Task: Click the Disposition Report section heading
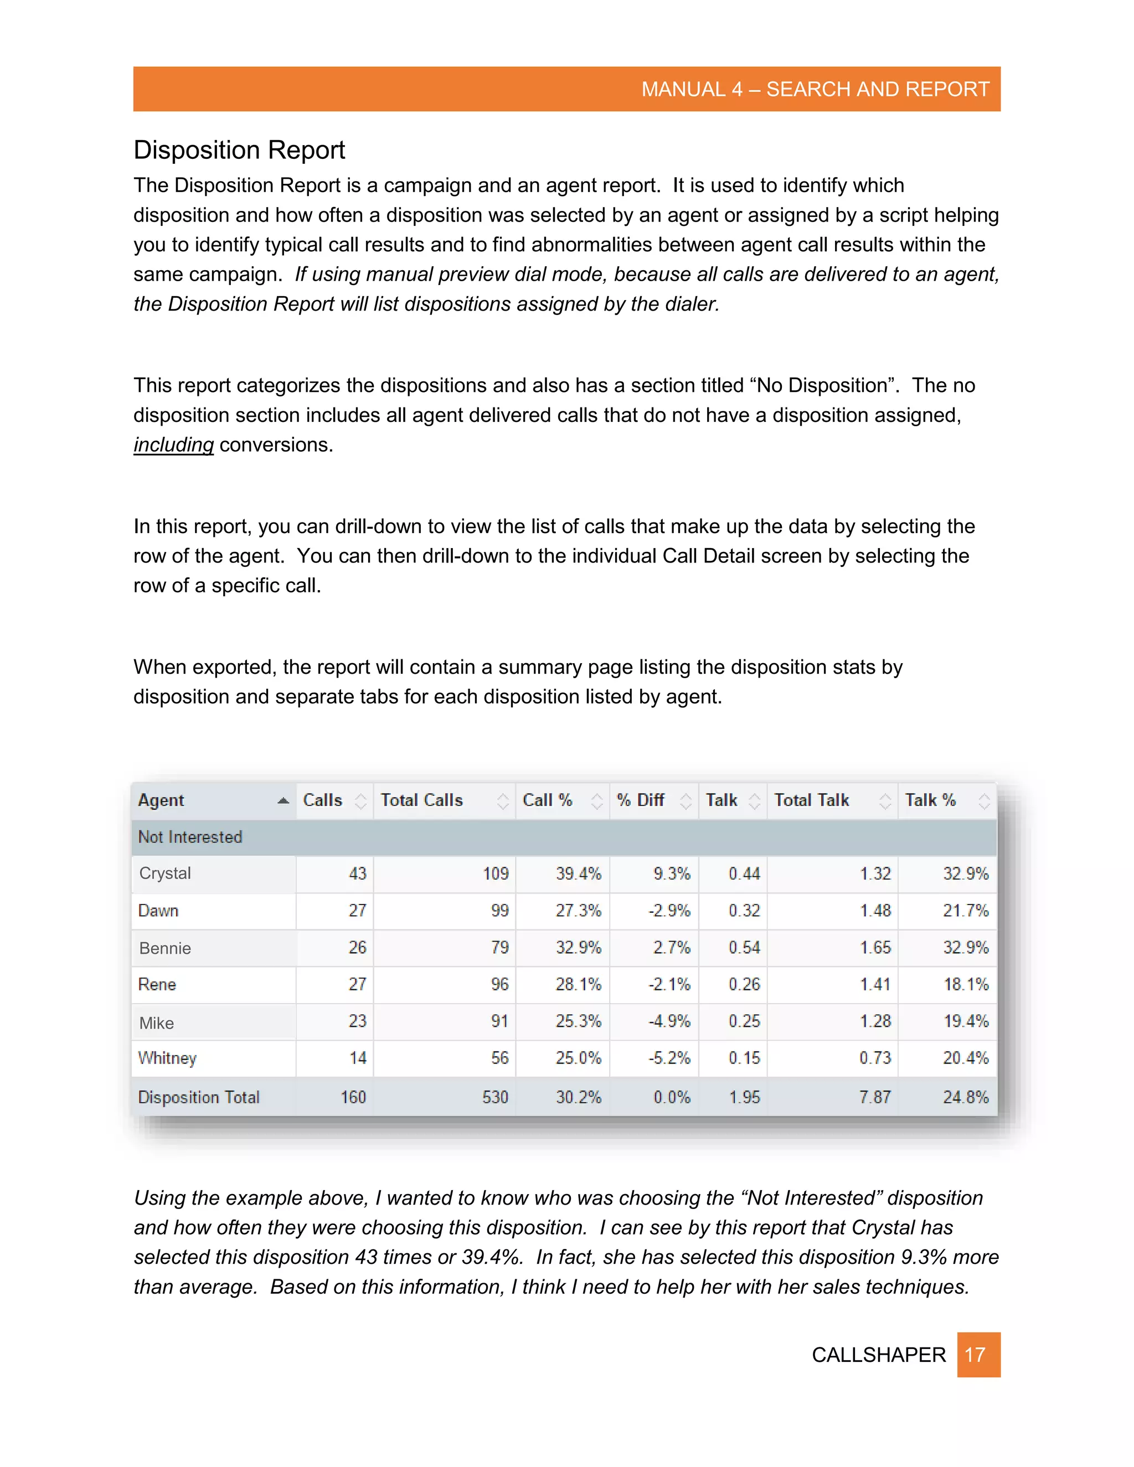point(239,150)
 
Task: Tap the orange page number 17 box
point(978,1354)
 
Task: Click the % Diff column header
point(641,800)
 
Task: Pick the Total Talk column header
point(812,800)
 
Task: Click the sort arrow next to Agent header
point(283,800)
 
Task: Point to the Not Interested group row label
point(190,837)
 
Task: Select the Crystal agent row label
point(165,873)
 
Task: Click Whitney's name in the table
point(167,1058)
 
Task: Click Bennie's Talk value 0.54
point(744,948)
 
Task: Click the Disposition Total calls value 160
point(353,1098)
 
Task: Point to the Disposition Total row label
point(199,1098)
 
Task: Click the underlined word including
point(173,445)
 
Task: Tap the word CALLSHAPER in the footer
point(878,1355)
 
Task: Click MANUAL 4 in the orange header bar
point(691,89)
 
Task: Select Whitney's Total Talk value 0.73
point(875,1058)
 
